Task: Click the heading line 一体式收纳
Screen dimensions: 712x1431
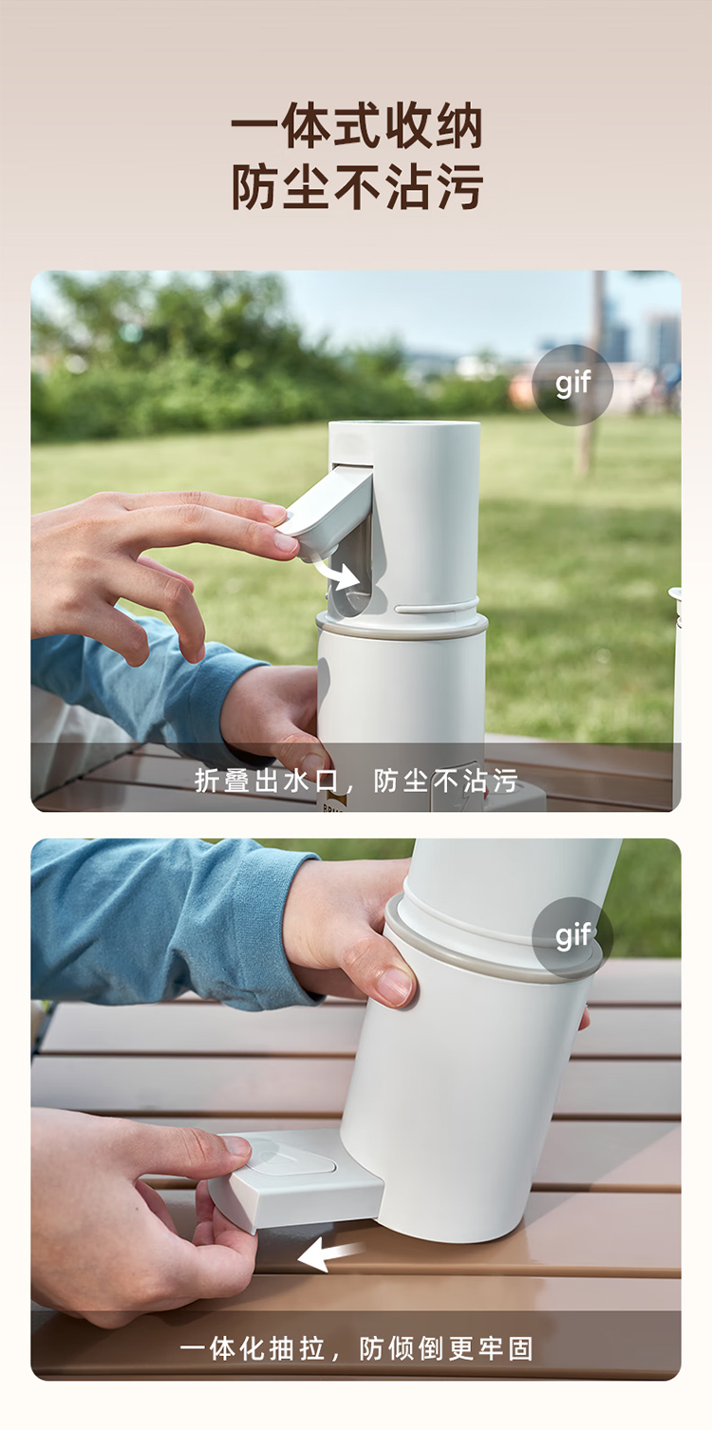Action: click(356, 126)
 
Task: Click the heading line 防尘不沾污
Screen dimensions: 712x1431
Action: click(356, 186)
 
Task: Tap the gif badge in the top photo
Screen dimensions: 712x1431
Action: click(572, 385)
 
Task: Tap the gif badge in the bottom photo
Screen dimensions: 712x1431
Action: click(572, 937)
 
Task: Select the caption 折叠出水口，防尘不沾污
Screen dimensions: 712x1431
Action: click(356, 781)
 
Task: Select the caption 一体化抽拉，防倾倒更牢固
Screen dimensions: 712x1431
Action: click(356, 1348)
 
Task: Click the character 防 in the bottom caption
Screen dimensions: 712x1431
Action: click(372, 1348)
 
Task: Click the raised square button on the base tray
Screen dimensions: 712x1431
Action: click(291, 1158)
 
